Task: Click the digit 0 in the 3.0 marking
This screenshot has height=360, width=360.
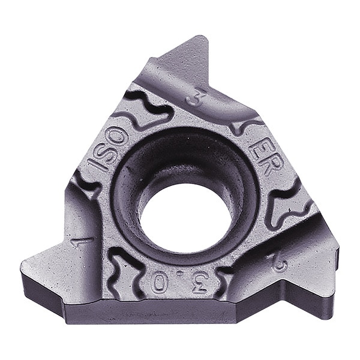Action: [160, 283]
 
